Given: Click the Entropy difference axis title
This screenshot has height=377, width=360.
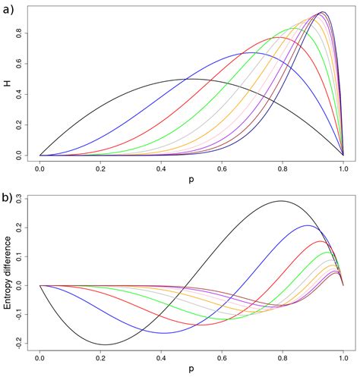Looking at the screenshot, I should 8,272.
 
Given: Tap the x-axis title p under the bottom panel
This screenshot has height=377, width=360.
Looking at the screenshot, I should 191,371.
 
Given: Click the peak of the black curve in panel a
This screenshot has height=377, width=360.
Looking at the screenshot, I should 191,79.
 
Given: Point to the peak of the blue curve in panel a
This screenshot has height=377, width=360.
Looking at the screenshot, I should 253,53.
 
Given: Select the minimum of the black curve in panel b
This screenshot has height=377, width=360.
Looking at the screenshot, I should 103,344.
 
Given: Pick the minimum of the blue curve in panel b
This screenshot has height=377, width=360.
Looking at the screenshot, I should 163,333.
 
